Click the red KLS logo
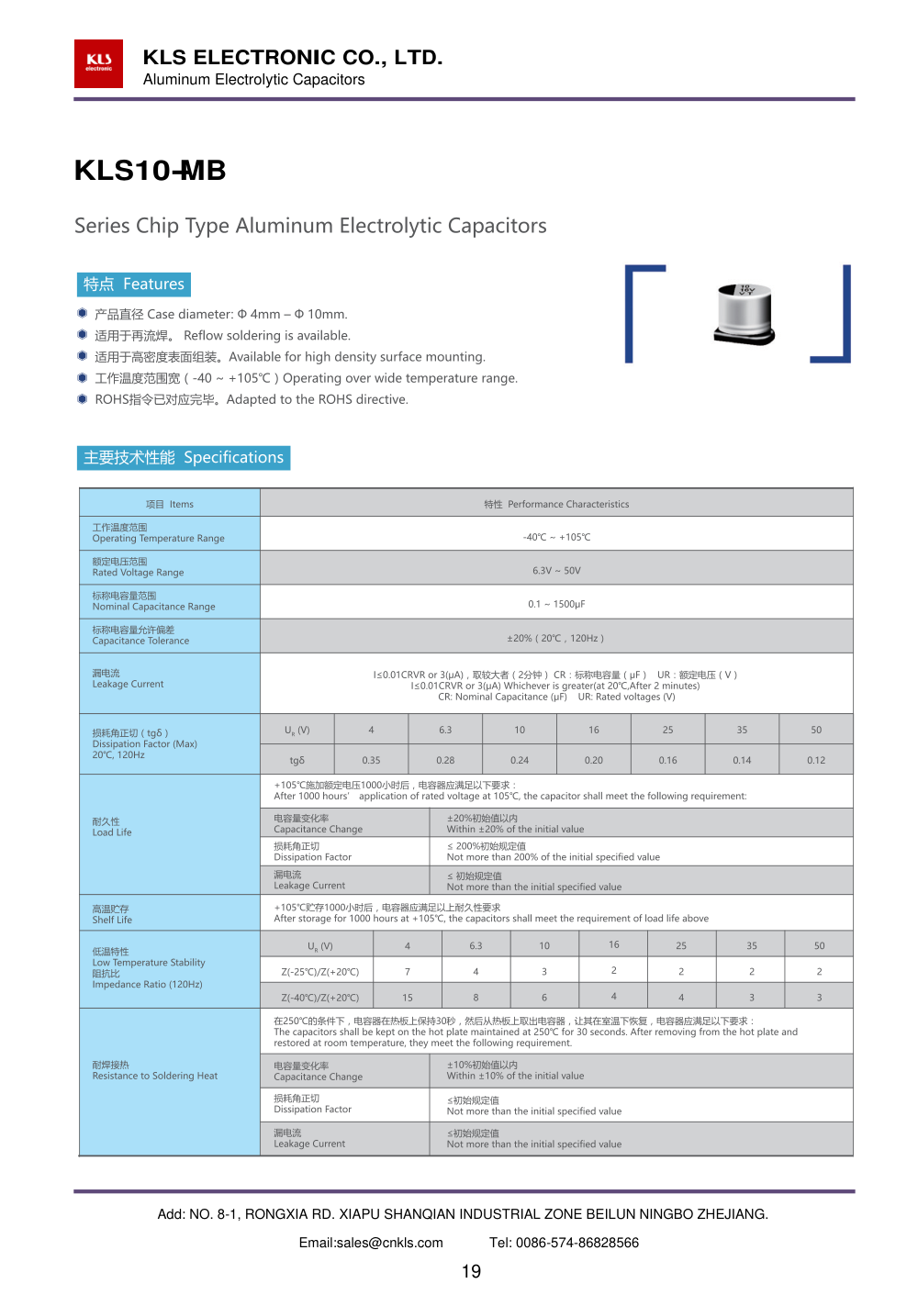pos(98,63)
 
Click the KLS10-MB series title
pos(150,171)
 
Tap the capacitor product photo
pos(744,314)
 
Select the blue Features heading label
pos(134,285)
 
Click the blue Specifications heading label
pos(184,457)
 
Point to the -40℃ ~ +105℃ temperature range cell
pos(556,537)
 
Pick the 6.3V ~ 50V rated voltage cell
pos(556,570)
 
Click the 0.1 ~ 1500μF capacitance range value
pos(556,604)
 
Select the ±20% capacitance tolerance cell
pos(556,638)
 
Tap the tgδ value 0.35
pos(371,760)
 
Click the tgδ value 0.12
pos(816,760)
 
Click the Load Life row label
pos(112,827)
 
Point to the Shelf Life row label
pos(112,914)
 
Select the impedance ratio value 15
pos(408,998)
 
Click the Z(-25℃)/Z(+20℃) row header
pos(320,971)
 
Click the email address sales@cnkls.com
pos(371,1243)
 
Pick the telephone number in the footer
pos(564,1243)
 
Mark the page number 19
pos(471,1271)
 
